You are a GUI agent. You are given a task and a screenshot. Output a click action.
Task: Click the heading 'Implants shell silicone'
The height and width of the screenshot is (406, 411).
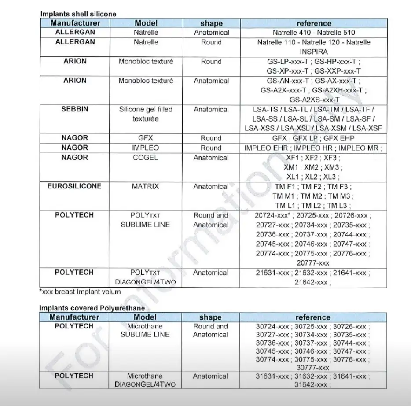pos(78,14)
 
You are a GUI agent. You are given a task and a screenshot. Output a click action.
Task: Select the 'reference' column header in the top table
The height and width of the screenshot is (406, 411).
pos(314,23)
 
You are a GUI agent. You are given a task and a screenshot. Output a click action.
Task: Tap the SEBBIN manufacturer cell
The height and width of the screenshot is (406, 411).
pos(75,109)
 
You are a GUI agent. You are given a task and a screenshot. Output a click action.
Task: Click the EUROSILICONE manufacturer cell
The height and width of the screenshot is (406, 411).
pos(74,186)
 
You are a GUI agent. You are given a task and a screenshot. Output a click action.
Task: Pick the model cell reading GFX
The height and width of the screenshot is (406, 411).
pos(146,138)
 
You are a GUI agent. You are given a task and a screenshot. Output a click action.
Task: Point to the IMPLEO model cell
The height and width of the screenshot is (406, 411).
pos(146,148)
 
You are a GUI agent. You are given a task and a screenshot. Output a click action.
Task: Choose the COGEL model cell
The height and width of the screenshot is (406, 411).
pos(146,158)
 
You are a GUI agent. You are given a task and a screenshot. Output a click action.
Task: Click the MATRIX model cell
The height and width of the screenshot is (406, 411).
pos(146,187)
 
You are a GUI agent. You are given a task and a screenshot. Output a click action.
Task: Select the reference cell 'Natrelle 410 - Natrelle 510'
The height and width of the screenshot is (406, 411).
pos(314,33)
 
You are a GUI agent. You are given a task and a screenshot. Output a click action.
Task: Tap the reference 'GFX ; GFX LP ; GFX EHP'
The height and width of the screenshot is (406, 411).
pos(314,138)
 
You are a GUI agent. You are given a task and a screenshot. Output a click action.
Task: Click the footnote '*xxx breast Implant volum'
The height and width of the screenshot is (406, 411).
pos(80,292)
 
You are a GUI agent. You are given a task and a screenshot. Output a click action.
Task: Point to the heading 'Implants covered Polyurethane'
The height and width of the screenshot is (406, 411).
pos(92,308)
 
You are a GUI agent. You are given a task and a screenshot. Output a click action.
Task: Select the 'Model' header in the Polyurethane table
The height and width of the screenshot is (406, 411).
pos(145,317)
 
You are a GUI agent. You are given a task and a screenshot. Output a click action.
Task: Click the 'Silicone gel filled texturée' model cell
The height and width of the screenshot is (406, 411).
pos(146,114)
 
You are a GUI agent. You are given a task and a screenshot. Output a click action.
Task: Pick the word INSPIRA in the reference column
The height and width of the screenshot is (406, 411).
pos(314,52)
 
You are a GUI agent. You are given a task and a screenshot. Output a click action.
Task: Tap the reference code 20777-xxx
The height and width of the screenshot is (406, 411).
pos(314,263)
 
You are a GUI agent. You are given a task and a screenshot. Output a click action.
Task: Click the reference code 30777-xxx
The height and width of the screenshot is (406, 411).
pos(313,367)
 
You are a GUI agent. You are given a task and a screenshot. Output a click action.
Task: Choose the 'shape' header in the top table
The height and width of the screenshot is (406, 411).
pos(211,23)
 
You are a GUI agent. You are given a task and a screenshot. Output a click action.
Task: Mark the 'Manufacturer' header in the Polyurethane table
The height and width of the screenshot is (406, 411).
pos(74,317)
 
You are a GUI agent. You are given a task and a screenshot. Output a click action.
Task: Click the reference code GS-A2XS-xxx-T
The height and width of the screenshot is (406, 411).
pos(314,100)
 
